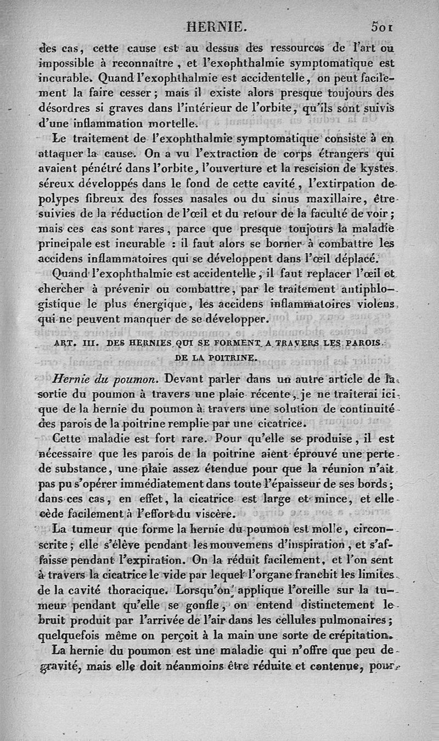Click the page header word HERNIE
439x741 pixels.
click(217, 26)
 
